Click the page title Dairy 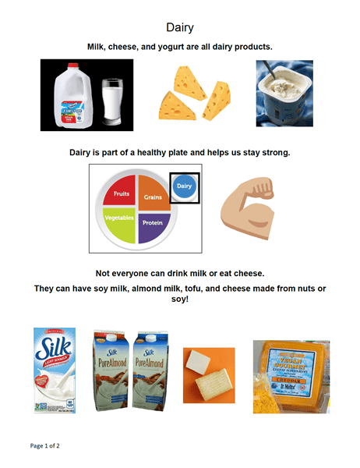click(x=179, y=27)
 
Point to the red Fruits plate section click(x=120, y=193)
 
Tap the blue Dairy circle click(x=185, y=186)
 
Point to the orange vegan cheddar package click(x=291, y=375)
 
